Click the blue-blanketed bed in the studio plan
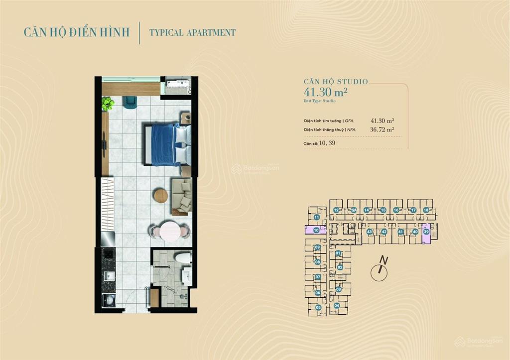(167, 144)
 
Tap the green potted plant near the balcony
(108, 104)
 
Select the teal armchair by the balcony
(130, 102)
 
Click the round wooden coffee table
(161, 196)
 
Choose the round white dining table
(169, 231)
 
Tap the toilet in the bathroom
(183, 258)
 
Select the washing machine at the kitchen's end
(108, 301)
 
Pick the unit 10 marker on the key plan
(316, 230)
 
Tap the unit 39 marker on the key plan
(426, 232)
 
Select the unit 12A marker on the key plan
(353, 210)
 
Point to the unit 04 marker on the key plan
(337, 305)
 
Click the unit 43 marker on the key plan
(369, 232)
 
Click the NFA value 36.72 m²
(382, 129)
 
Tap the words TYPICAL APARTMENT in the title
(193, 33)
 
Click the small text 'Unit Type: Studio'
(320, 101)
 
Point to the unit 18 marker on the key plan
(426, 210)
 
